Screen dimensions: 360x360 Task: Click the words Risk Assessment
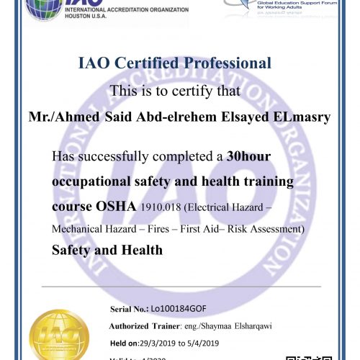(267, 229)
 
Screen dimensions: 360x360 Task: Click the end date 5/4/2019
(210, 343)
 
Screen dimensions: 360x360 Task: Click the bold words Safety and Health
(107, 251)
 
